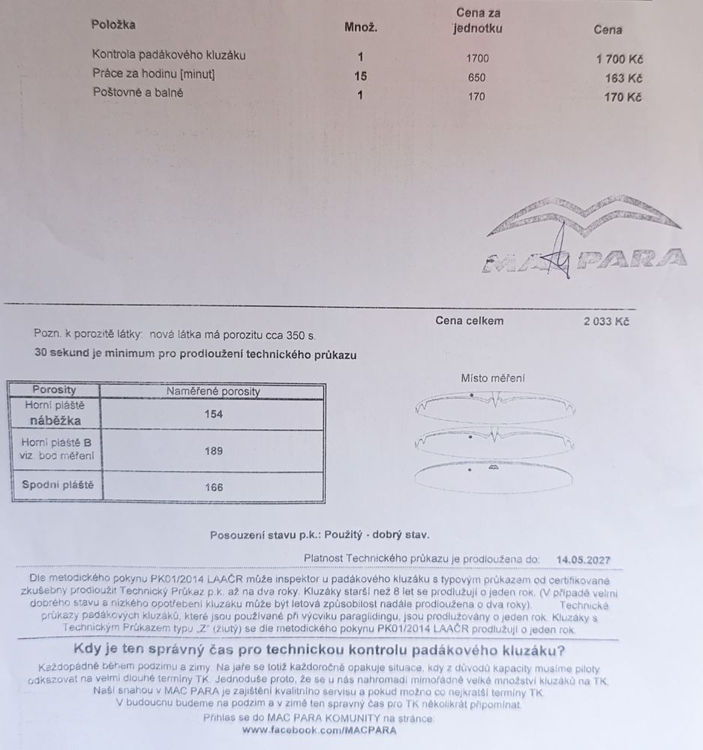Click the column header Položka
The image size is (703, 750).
point(113,25)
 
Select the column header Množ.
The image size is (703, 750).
point(360,28)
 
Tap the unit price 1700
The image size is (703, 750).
point(476,57)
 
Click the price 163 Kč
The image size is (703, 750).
point(624,77)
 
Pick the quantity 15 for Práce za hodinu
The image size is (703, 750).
point(360,75)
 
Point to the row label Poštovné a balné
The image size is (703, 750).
point(137,93)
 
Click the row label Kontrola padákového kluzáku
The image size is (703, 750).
point(168,55)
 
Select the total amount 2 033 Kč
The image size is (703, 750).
point(606,322)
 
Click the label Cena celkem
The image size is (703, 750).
point(470,321)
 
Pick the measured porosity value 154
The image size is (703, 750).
point(214,414)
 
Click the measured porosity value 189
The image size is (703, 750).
point(214,451)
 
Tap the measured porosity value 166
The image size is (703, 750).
point(214,487)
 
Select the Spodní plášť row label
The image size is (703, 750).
point(57,485)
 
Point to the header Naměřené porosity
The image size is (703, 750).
point(213,391)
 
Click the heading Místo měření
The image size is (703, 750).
point(493,379)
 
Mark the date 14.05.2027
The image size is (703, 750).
point(584,559)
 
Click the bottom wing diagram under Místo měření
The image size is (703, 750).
point(494,474)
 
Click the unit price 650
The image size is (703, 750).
point(476,77)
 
